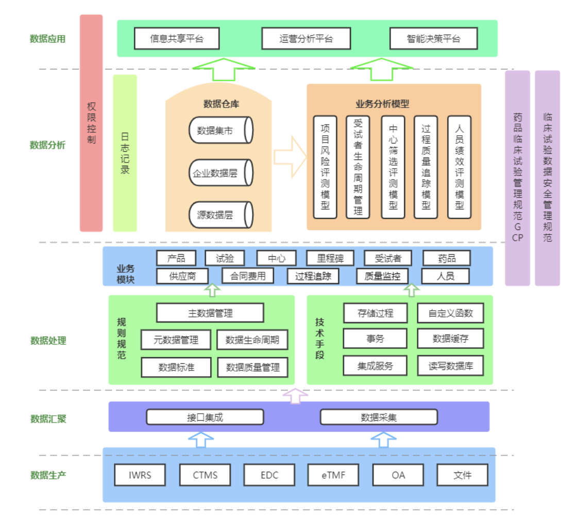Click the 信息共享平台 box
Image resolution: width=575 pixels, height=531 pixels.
(x=177, y=39)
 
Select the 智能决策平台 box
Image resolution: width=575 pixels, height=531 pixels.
(x=433, y=39)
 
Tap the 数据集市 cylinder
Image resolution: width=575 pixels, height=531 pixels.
(x=221, y=130)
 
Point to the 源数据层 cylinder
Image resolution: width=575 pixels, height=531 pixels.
(x=221, y=215)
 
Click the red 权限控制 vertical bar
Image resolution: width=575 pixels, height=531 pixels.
(x=91, y=123)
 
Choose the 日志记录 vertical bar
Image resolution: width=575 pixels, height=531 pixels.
(x=125, y=153)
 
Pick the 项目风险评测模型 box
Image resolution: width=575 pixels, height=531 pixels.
(x=325, y=167)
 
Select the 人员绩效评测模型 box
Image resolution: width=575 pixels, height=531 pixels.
(x=459, y=167)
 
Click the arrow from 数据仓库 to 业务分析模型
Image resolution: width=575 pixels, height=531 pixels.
(x=290, y=157)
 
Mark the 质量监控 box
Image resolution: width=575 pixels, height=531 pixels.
(x=382, y=276)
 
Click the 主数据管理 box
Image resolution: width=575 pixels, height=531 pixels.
(x=210, y=313)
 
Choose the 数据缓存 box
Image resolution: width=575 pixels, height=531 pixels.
(x=450, y=339)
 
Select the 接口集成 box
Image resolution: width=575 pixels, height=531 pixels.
(x=205, y=417)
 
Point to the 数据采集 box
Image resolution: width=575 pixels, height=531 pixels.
(x=379, y=417)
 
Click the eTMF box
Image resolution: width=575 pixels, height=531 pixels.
(x=333, y=475)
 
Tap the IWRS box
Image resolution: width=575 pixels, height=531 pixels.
(x=140, y=475)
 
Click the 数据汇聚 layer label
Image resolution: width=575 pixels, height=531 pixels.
(x=48, y=419)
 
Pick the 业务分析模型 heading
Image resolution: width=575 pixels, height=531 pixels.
(x=382, y=104)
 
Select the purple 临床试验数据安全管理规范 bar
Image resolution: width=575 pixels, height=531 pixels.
(x=547, y=178)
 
